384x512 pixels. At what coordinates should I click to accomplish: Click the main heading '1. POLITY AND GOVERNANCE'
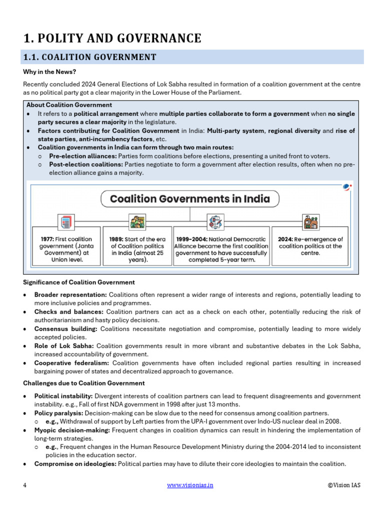tap(112, 38)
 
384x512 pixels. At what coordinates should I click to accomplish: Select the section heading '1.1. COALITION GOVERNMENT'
tap(89, 57)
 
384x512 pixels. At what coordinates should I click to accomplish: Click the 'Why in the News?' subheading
tap(49, 72)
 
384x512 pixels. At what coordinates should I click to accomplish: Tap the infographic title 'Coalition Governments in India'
tap(189, 199)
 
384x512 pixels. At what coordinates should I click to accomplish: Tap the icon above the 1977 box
tap(65, 221)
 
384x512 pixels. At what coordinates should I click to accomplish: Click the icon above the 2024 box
tap(310, 221)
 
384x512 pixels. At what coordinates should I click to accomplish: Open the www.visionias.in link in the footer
tap(189, 485)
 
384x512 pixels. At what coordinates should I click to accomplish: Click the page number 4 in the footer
tap(25, 485)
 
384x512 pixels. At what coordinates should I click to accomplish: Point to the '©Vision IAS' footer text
tap(344, 485)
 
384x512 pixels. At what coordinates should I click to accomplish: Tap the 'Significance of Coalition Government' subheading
tap(79, 282)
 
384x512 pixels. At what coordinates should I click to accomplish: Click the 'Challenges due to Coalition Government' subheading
tap(84, 383)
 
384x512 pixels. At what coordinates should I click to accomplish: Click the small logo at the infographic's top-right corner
tap(347, 187)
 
